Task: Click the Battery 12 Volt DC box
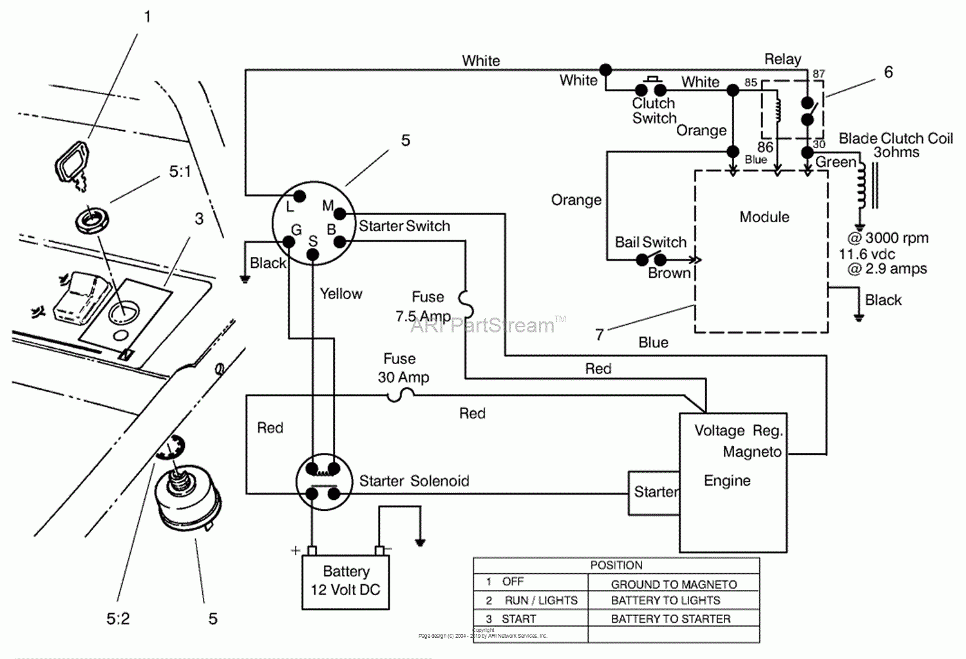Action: (x=346, y=581)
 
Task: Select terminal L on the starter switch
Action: (x=299, y=196)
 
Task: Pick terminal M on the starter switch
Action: (x=340, y=214)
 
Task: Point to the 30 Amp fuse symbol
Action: (x=401, y=397)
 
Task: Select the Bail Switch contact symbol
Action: (x=651, y=260)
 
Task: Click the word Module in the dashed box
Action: (x=764, y=217)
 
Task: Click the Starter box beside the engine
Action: (x=654, y=493)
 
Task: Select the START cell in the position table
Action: (x=518, y=619)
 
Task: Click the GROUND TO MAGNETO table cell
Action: (x=674, y=584)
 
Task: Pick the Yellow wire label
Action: (x=341, y=294)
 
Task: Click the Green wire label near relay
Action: (x=835, y=162)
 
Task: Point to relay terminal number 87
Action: (x=818, y=74)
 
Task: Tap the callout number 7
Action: (x=600, y=334)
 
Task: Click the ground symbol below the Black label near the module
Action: (x=858, y=316)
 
